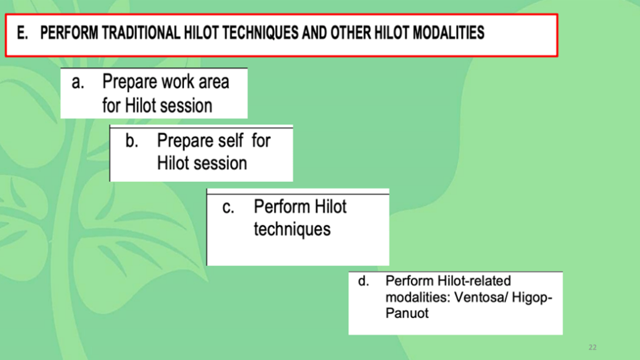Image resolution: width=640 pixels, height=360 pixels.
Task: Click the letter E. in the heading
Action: point(22,33)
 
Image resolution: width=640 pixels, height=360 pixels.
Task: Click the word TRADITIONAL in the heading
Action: point(141,33)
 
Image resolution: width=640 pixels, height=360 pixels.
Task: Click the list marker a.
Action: point(78,82)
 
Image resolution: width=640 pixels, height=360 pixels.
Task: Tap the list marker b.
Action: point(131,141)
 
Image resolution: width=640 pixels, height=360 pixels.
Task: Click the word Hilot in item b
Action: point(172,163)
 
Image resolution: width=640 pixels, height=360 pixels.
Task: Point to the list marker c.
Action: point(228,208)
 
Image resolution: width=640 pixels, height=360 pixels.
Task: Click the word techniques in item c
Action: point(292,229)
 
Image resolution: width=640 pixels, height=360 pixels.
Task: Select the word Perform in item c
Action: point(280,207)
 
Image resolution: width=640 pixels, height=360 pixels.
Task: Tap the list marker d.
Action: point(363,281)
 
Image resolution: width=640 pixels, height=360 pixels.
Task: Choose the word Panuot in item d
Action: point(407,314)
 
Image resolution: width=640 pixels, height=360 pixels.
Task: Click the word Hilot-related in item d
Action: point(474,281)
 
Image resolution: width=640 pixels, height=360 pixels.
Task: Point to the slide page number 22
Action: point(592,347)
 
